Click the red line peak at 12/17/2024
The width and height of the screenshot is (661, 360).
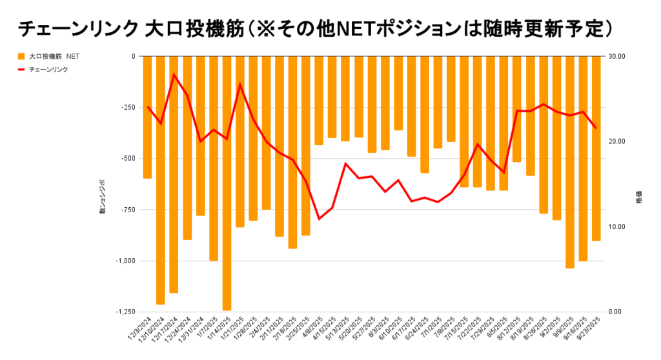(x=174, y=74)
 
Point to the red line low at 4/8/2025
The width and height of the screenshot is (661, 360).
(x=319, y=219)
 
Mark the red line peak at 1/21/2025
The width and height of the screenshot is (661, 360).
(x=240, y=85)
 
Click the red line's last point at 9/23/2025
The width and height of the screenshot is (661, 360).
(x=596, y=128)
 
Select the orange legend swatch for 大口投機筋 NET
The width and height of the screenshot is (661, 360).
(x=21, y=57)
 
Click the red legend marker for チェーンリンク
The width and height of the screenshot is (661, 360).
(x=21, y=69)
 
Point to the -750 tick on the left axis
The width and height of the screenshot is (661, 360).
(x=125, y=210)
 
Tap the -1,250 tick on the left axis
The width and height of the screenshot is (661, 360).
(x=122, y=312)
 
